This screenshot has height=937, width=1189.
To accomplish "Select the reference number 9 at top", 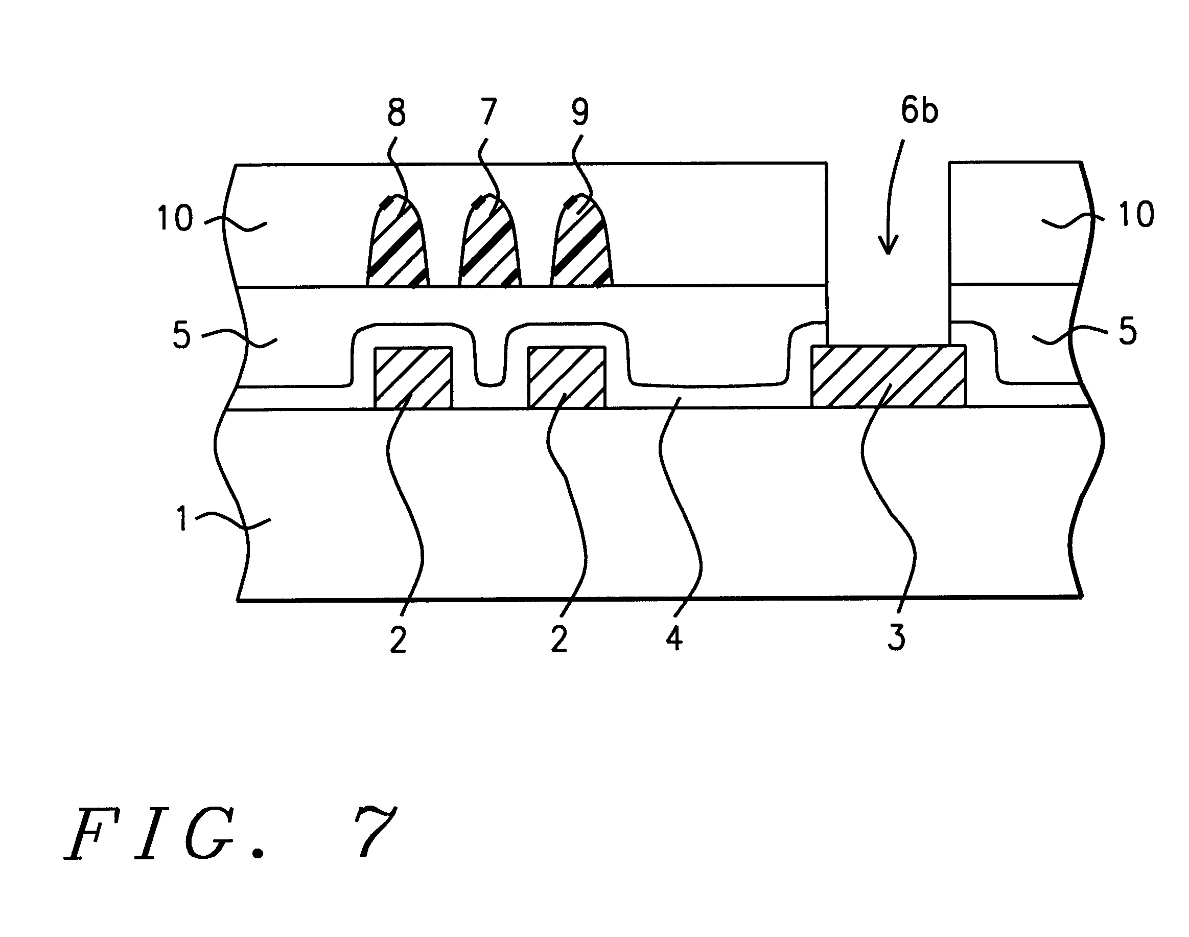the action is point(580,112).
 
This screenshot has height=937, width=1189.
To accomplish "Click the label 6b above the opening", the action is point(920,110).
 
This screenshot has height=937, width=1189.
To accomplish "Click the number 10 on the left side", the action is point(175,218).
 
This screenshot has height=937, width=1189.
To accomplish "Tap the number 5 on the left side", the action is point(181,335).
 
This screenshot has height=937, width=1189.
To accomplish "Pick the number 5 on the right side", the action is point(1128,331).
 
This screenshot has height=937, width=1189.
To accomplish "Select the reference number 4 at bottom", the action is point(674,638).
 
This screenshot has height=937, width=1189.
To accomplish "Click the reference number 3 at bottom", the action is point(896,638).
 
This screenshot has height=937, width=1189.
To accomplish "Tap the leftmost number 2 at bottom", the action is point(398,639).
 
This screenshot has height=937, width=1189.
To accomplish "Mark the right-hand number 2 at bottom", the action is point(559,639).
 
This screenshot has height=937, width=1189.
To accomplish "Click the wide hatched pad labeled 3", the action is point(889,376).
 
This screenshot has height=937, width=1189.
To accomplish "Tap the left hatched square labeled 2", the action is point(413,378).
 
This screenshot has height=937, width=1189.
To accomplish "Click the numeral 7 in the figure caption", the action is point(375,832).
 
